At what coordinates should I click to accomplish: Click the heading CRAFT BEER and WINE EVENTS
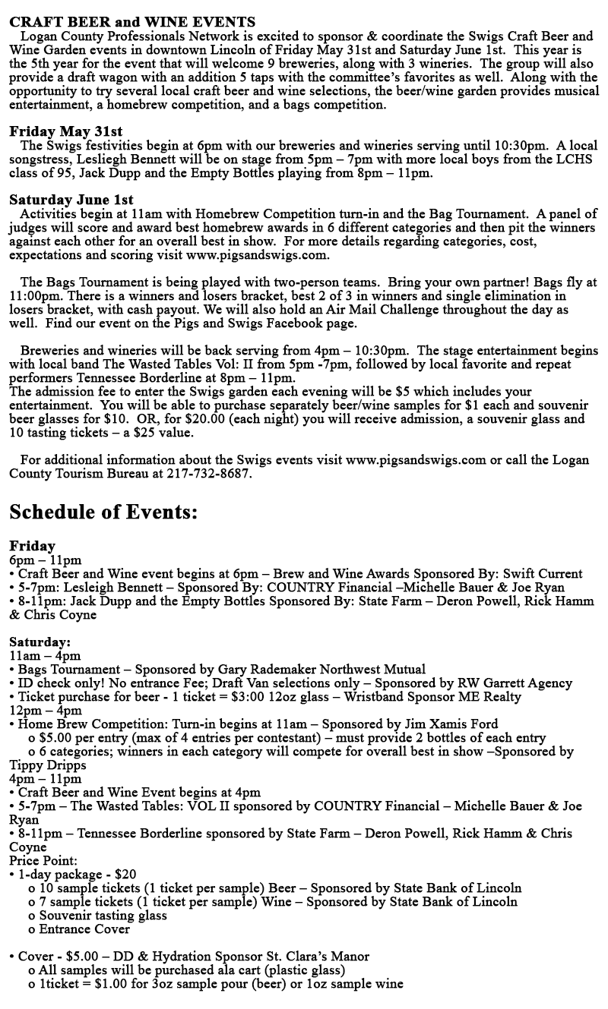(x=132, y=22)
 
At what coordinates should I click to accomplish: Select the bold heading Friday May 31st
(x=66, y=131)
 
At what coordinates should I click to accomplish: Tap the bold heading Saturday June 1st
(x=71, y=200)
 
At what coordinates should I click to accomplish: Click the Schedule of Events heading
(x=104, y=512)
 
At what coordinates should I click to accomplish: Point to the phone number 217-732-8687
(x=207, y=474)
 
